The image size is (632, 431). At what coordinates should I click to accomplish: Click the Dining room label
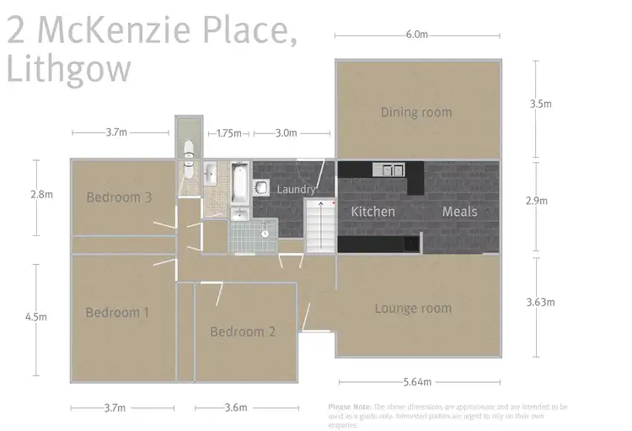tap(415, 112)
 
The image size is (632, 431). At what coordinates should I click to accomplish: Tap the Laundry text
tap(297, 190)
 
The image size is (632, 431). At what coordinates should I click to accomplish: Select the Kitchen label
tap(372, 212)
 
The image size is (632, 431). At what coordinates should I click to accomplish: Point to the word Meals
tap(459, 212)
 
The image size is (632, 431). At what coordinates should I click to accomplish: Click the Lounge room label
tap(413, 309)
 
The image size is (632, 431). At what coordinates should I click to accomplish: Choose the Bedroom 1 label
tap(117, 313)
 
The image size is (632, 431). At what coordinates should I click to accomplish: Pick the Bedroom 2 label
tap(243, 331)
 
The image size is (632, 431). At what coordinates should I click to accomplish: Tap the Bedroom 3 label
tap(119, 198)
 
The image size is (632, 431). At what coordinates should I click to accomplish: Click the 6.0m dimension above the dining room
tap(417, 35)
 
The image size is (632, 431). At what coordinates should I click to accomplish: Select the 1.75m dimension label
tap(228, 133)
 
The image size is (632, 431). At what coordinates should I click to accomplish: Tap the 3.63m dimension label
tap(540, 301)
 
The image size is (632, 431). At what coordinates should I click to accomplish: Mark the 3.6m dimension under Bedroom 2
tap(236, 408)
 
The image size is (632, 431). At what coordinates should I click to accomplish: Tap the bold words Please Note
tap(349, 407)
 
